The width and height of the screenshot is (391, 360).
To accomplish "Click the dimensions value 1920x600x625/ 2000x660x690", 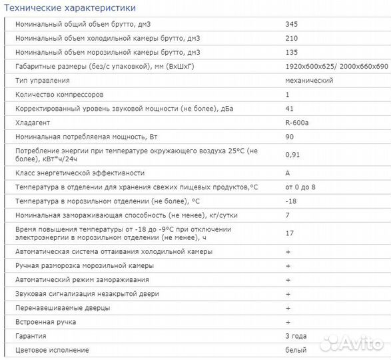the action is pyautogui.click(x=336, y=66).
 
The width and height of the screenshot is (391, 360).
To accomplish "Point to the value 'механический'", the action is pyautogui.click(x=308, y=80).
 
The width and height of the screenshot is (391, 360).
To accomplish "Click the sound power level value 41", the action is pyautogui.click(x=288, y=109).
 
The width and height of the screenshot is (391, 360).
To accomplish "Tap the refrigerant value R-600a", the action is pyautogui.click(x=296, y=123).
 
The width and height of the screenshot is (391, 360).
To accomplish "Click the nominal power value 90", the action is pyautogui.click(x=288, y=137).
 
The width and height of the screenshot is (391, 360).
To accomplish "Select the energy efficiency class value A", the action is pyautogui.click(x=287, y=172).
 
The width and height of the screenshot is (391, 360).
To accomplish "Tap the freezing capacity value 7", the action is pyautogui.click(x=286, y=215).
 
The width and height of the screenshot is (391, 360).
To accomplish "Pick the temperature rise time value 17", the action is pyautogui.click(x=288, y=233).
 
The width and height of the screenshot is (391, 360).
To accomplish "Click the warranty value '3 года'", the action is pyautogui.click(x=296, y=336).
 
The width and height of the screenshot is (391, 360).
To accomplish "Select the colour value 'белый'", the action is pyautogui.click(x=296, y=350).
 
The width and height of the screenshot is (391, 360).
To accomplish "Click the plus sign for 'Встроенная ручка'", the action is pyautogui.click(x=288, y=322).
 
